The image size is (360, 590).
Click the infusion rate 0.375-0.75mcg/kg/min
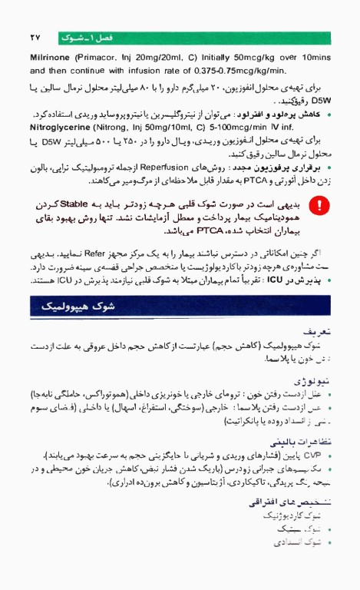click(203, 71)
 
